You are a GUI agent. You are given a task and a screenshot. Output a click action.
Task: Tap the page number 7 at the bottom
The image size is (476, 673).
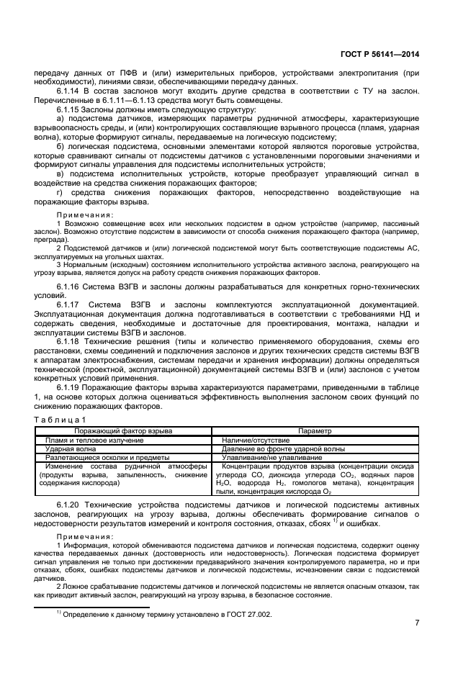point(417,623)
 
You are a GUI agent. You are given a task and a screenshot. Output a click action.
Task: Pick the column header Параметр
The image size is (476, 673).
point(315,430)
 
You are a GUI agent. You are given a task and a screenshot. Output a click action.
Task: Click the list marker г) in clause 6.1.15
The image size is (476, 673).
point(60,192)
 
